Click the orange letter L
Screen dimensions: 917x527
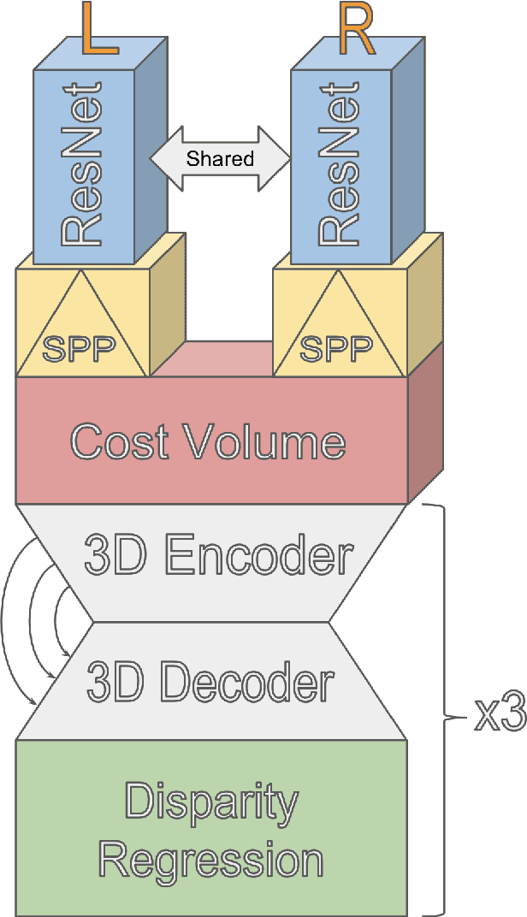(x=100, y=30)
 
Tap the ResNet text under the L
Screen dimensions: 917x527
(x=82, y=162)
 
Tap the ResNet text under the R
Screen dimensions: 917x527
(x=340, y=162)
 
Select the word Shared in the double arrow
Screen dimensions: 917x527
(x=221, y=158)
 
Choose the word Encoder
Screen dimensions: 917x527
(x=258, y=556)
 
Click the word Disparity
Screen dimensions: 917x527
(x=212, y=802)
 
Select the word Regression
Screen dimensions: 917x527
(x=210, y=859)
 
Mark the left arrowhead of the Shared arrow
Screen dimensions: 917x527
(x=159, y=158)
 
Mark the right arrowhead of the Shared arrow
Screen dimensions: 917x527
(x=283, y=158)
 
